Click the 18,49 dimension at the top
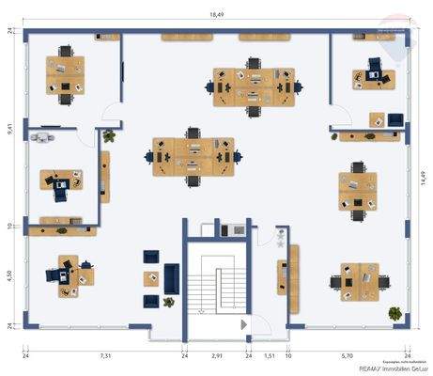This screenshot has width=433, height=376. [x=216, y=16]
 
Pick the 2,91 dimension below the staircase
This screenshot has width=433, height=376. [x=217, y=356]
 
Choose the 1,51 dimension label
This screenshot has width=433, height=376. [x=269, y=356]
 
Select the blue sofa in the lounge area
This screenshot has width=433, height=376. [x=172, y=277]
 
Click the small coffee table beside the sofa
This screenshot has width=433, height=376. [x=150, y=278]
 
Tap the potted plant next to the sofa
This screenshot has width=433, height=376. [x=168, y=302]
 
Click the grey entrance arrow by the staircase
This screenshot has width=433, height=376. [x=244, y=324]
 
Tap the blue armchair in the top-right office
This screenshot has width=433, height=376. [x=375, y=66]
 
